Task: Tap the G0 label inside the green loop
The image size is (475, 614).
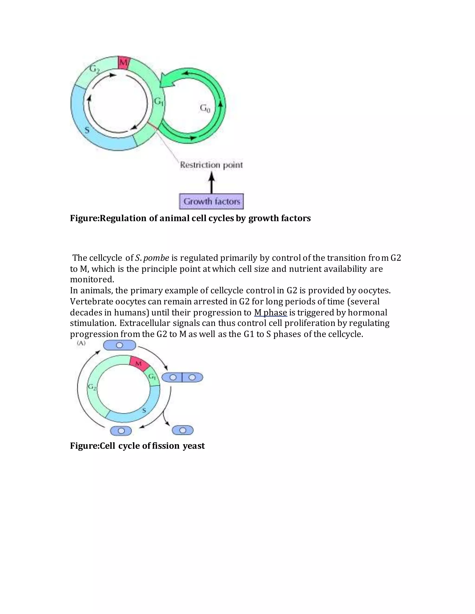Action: [x=205, y=108]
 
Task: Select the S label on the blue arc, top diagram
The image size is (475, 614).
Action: [x=87, y=130]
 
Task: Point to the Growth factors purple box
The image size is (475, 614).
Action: [x=211, y=201]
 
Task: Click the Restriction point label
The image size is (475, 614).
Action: [x=211, y=165]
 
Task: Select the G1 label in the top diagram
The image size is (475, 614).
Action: [x=159, y=102]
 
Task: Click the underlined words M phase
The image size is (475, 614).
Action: [x=270, y=312]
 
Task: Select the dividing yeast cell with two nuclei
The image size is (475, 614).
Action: [x=182, y=377]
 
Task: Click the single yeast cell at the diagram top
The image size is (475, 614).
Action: [x=120, y=345]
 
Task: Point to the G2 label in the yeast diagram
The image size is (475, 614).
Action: [x=92, y=387]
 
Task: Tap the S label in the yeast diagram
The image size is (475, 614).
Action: [x=144, y=411]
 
